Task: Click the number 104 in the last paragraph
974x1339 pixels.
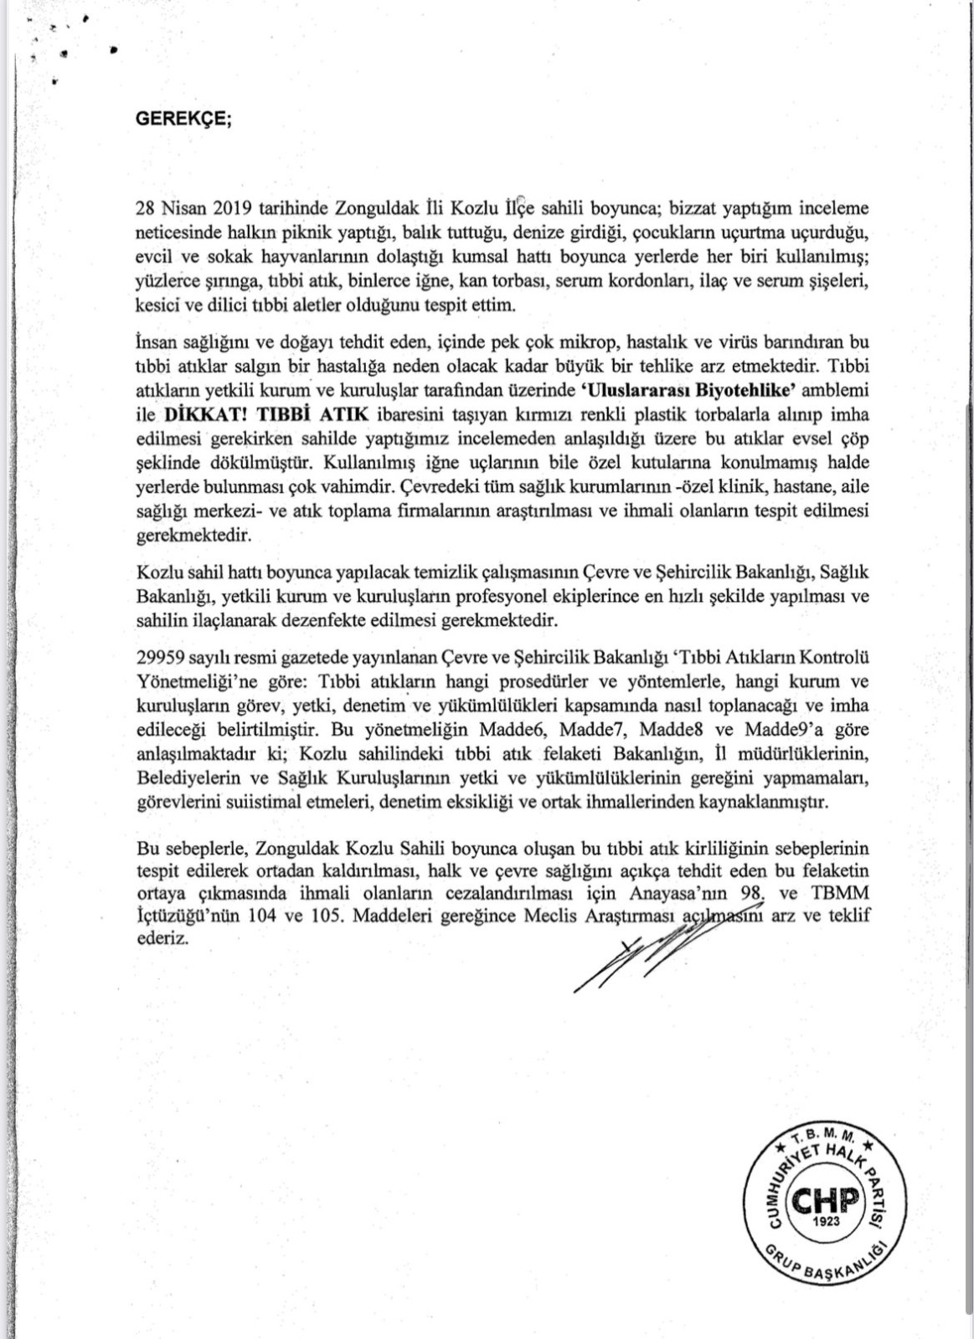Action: [265, 916]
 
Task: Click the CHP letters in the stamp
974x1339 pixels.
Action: [826, 1203]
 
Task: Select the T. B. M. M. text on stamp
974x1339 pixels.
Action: [822, 1141]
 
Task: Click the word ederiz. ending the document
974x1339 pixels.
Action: [157, 938]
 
